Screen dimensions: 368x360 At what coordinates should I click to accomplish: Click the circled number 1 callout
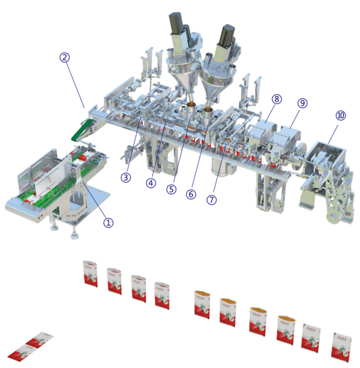point(109,222)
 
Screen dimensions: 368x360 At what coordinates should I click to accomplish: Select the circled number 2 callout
point(65,57)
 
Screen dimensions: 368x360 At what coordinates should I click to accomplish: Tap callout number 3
point(126,177)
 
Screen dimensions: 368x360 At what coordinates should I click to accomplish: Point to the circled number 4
point(151,183)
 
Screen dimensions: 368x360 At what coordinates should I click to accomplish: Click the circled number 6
point(191,194)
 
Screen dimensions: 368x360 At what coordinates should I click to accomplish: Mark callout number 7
point(211,200)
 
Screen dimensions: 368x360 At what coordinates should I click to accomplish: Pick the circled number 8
point(277,99)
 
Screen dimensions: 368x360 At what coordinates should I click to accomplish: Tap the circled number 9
point(302,102)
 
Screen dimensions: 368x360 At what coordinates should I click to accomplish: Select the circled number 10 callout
point(341,116)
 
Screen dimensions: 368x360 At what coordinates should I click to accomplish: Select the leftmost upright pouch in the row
point(90,273)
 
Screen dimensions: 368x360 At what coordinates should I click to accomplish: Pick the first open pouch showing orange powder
point(202,303)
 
